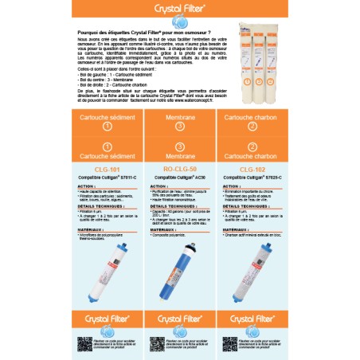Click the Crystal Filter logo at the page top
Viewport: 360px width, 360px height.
click(179, 11)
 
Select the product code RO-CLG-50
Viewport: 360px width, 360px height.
click(179, 169)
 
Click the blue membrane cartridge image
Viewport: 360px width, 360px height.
click(179, 270)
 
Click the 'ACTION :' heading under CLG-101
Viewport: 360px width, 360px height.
click(86, 185)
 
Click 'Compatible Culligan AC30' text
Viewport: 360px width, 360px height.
click(179, 176)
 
